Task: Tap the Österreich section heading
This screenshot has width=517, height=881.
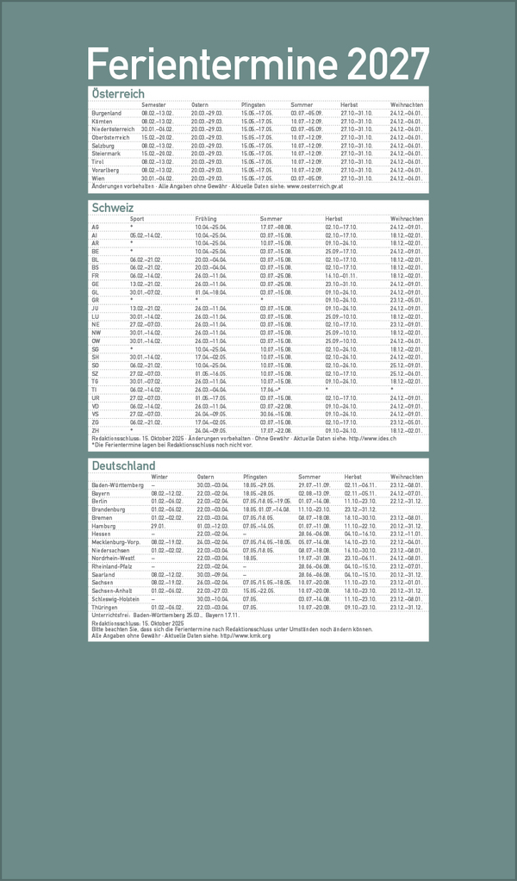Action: [x=117, y=93]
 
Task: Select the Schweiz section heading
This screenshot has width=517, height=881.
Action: [x=112, y=208]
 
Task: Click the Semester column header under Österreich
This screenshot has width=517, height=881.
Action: [x=154, y=104]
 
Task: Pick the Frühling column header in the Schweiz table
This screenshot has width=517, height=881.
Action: [x=206, y=219]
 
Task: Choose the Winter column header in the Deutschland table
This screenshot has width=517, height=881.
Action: [x=159, y=477]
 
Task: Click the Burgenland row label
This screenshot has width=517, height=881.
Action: [x=107, y=113]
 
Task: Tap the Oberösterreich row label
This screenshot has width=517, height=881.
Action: [x=110, y=137]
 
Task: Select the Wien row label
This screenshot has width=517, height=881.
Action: [x=98, y=178]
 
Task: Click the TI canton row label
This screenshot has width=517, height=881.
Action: [x=95, y=389]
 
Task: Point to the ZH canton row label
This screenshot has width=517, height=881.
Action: [x=95, y=429]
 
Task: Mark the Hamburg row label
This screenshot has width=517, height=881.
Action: [x=103, y=526]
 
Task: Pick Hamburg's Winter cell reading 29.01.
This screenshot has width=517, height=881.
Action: [x=158, y=526]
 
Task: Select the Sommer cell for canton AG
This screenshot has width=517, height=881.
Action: [x=277, y=227]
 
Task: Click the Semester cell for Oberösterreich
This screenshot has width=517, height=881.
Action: [x=159, y=137]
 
